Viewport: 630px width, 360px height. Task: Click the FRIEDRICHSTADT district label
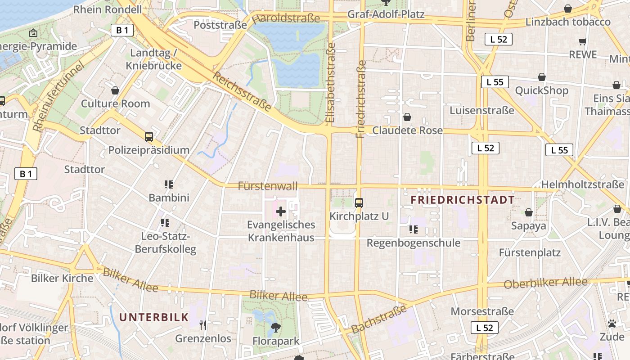pyautogui.click(x=463, y=200)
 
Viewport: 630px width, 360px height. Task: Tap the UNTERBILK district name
pyautogui.click(x=153, y=317)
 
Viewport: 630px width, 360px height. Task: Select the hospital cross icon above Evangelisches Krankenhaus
pyautogui.click(x=281, y=211)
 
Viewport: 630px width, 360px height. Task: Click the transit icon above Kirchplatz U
pyautogui.click(x=359, y=203)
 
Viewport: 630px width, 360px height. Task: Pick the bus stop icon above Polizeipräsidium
pyautogui.click(x=148, y=137)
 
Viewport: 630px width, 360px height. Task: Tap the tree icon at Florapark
pyautogui.click(x=275, y=328)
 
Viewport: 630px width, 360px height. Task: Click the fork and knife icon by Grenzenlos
pyautogui.click(x=203, y=325)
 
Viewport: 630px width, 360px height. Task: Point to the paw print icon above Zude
pyautogui.click(x=612, y=324)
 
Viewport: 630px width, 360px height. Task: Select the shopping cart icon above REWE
pyautogui.click(x=583, y=42)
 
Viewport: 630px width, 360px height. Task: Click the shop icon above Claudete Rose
pyautogui.click(x=407, y=117)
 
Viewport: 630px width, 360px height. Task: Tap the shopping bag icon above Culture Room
pyautogui.click(x=115, y=90)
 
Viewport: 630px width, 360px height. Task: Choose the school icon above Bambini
pyautogui.click(x=169, y=184)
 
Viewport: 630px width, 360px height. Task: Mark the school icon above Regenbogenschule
pyautogui.click(x=413, y=229)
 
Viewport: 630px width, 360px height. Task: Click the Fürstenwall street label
pyautogui.click(x=268, y=186)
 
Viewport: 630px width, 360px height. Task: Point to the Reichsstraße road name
pyautogui.click(x=242, y=92)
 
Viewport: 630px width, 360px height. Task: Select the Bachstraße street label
pyautogui.click(x=379, y=319)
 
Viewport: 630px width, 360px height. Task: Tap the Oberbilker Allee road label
pyautogui.click(x=545, y=283)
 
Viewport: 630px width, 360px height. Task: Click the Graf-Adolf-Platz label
pyautogui.click(x=386, y=14)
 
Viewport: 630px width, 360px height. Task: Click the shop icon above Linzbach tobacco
pyautogui.click(x=568, y=9)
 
